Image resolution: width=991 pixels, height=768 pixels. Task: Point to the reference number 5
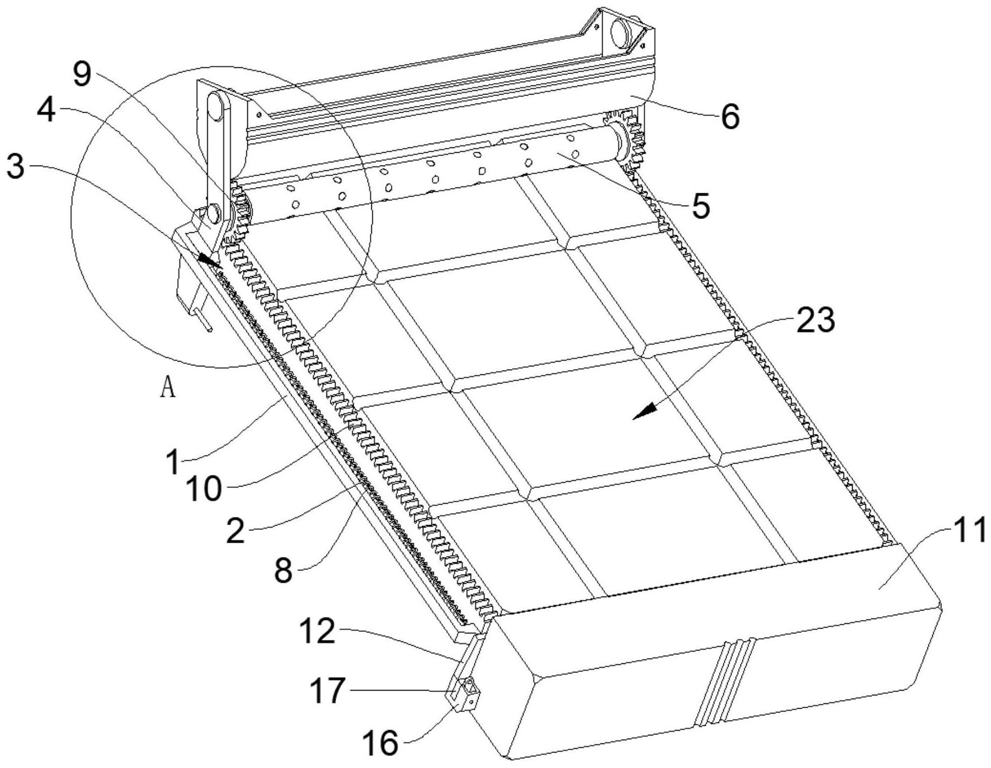coord(700,206)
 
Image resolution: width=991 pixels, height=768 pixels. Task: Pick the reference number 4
coord(46,111)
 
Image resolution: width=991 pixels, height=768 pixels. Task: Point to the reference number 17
coord(327,690)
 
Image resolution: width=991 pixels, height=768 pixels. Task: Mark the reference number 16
coord(380,743)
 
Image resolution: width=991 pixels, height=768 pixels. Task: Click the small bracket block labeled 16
coord(466,694)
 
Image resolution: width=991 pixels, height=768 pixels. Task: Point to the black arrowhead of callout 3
coord(209,260)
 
